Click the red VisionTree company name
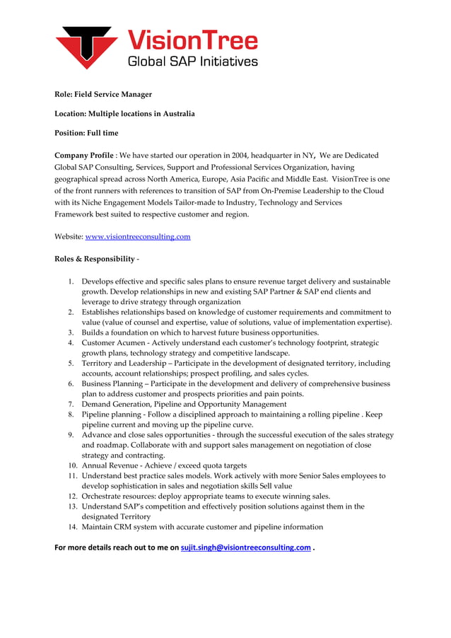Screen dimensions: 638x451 click(x=192, y=39)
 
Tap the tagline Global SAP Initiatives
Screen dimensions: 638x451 click(x=192, y=62)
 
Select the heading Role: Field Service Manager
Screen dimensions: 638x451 click(x=103, y=94)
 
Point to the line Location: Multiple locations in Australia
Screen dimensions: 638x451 click(x=124, y=113)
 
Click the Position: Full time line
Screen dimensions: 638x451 click(x=86, y=133)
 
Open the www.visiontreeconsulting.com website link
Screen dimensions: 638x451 click(x=137, y=236)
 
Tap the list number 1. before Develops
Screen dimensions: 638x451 click(x=71, y=282)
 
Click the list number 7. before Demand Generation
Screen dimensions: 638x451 click(x=71, y=405)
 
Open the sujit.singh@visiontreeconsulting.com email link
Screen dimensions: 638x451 click(x=245, y=547)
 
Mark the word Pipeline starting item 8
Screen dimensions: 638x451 click(x=97, y=414)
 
